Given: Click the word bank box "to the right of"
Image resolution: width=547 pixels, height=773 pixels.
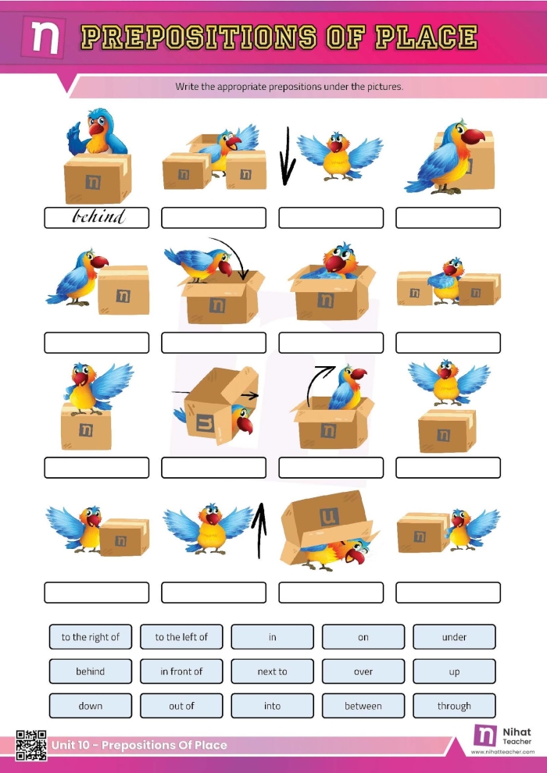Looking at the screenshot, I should coord(91,637).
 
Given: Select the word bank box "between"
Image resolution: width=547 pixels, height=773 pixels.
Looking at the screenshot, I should coord(363,706).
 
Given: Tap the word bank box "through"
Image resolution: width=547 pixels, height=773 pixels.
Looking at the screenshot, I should coord(454,706).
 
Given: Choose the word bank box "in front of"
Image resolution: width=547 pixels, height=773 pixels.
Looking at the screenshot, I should coord(181,671).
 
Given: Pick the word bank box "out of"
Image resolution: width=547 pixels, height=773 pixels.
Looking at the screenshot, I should coord(181,706).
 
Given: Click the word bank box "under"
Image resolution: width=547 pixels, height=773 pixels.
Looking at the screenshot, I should coord(454,637).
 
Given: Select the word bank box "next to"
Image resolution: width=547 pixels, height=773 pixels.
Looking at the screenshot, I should coord(272,671).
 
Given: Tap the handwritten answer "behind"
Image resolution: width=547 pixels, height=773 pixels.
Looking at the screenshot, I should coord(97,217).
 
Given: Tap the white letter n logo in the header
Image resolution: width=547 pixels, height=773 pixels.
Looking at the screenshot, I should coord(46,37).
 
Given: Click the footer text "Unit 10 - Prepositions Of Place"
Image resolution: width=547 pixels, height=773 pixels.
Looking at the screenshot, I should coord(139,745).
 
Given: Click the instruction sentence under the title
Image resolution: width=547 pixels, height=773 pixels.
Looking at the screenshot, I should coord(289,87).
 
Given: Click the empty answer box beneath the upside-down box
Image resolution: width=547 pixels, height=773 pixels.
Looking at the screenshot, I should coord(331,593).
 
